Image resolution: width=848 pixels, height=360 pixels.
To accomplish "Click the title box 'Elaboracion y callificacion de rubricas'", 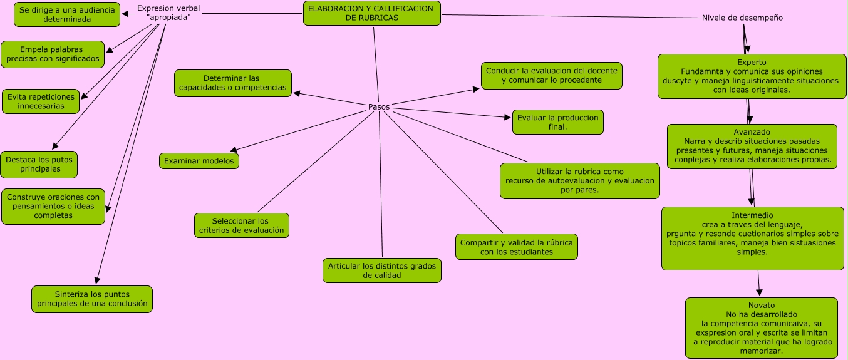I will [x=372, y=13].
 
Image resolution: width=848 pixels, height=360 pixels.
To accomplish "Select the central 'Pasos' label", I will [x=378, y=107].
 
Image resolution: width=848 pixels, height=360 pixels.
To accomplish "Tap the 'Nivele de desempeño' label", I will [x=742, y=18].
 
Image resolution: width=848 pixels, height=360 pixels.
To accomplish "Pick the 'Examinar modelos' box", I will [x=199, y=161].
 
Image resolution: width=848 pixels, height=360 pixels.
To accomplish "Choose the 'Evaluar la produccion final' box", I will [x=557, y=122].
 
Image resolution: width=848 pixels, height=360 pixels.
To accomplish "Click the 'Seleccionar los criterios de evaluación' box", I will [x=241, y=225].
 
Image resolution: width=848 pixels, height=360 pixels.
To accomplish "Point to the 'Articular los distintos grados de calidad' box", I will [x=381, y=270].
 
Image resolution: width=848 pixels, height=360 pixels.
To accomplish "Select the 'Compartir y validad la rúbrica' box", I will [x=516, y=247].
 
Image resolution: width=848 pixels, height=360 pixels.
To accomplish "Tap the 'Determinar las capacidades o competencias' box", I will [x=232, y=83].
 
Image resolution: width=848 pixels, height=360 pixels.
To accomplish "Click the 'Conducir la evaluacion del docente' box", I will [x=551, y=75].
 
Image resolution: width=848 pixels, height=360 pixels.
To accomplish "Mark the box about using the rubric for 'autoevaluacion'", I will [x=579, y=181].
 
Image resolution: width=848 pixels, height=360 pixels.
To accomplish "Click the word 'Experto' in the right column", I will [x=752, y=63].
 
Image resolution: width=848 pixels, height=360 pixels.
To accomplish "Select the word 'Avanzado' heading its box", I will [x=752, y=132].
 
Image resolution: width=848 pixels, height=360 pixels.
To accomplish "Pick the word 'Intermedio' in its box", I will [x=752, y=215].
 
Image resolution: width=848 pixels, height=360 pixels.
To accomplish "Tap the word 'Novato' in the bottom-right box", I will [x=761, y=305].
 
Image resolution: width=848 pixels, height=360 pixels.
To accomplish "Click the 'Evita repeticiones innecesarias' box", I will [x=41, y=101].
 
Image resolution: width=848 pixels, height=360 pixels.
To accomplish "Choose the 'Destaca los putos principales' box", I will [x=39, y=164].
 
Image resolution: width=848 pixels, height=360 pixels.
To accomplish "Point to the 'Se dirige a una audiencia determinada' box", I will [x=66, y=14].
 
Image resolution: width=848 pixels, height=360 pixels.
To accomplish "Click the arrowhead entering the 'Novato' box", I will [x=760, y=292].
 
